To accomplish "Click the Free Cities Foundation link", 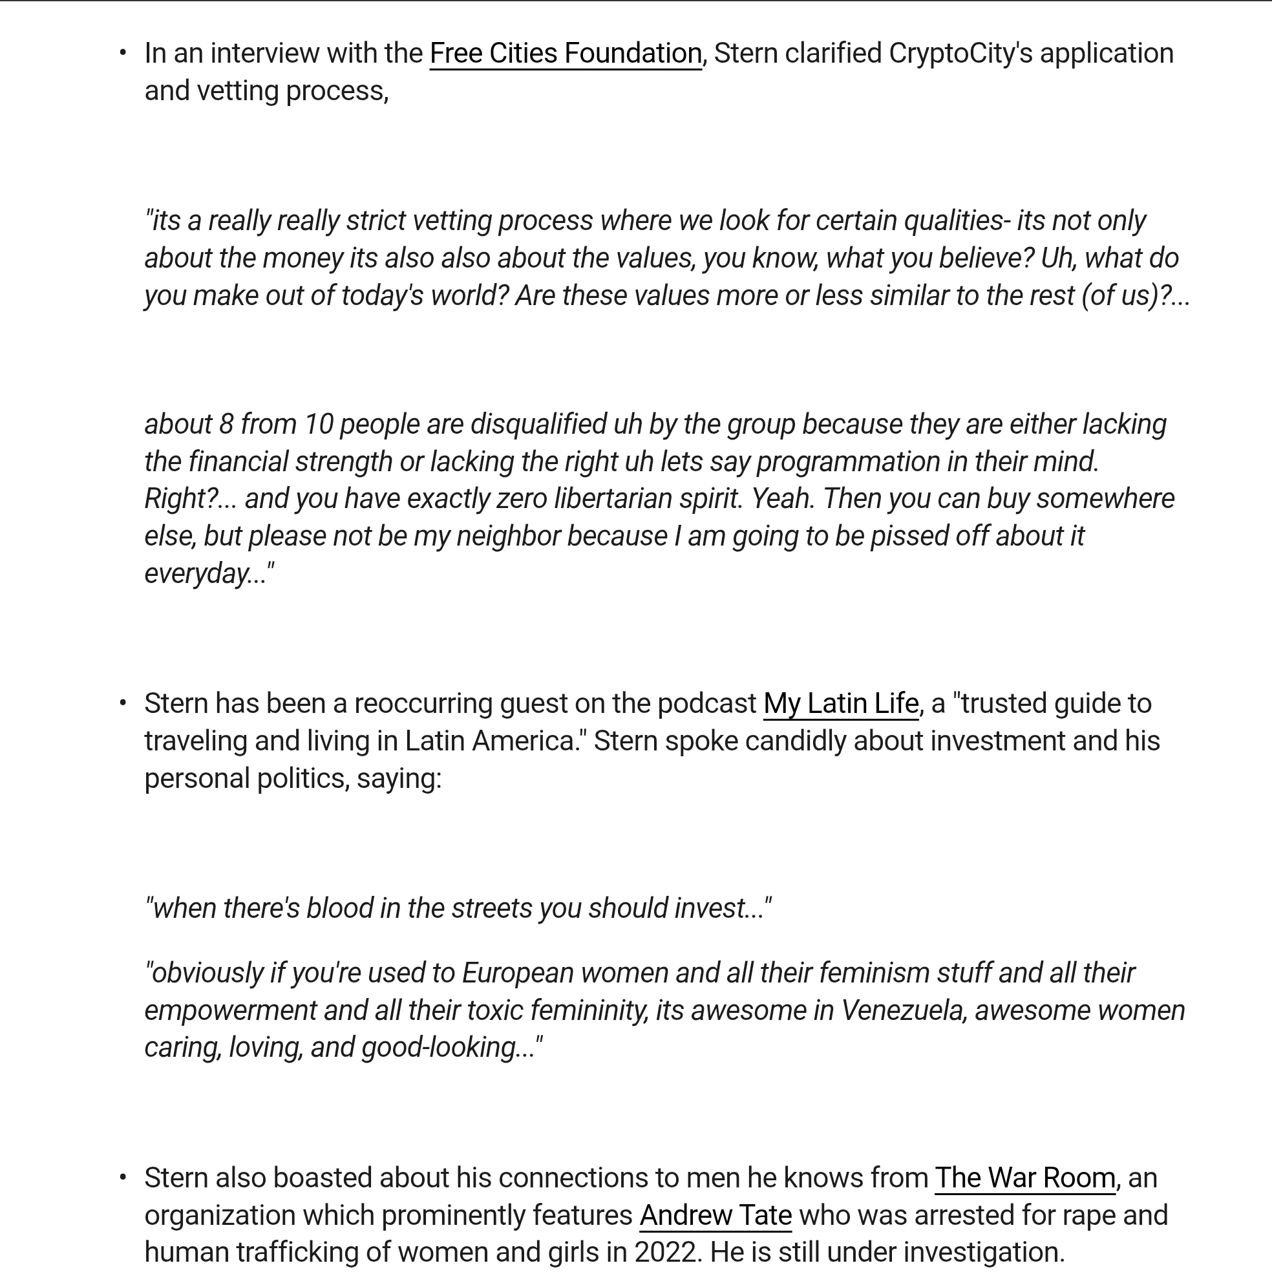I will pyautogui.click(x=565, y=54).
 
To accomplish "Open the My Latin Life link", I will pyautogui.click(x=841, y=704).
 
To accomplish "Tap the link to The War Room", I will pyautogui.click(x=1024, y=1178).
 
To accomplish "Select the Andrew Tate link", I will pyautogui.click(x=715, y=1215).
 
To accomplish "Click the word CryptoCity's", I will pyautogui.click(x=960, y=54).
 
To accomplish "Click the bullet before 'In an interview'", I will pyautogui.click(x=123, y=53).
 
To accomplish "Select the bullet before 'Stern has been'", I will pyautogui.click(x=123, y=703).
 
